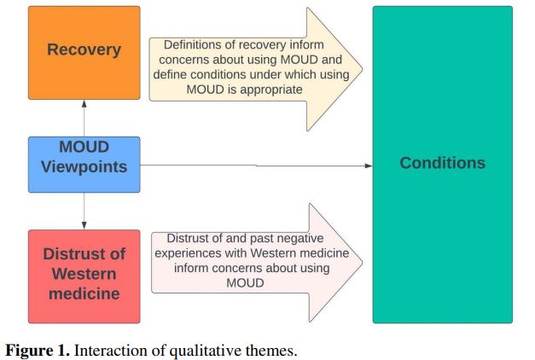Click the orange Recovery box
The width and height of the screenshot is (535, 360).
point(84,52)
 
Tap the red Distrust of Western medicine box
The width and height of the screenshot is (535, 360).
point(84,275)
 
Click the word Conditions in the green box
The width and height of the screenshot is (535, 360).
point(442,162)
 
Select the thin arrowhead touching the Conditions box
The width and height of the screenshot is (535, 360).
point(368,165)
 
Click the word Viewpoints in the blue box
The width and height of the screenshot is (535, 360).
point(84,166)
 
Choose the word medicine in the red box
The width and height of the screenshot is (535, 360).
point(84,295)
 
